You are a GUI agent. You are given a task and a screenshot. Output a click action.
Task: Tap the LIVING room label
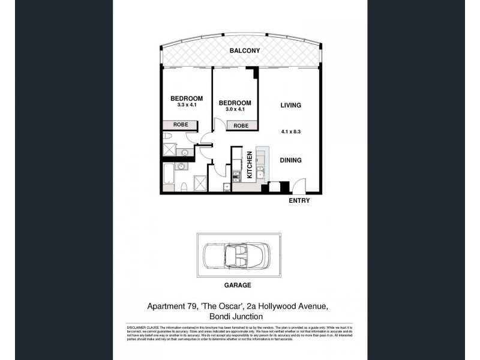point(290,106)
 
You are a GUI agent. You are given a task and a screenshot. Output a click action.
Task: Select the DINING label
point(290,160)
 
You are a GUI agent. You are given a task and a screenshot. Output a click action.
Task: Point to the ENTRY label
point(299,200)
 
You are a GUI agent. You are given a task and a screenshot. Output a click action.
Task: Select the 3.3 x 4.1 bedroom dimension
point(187,105)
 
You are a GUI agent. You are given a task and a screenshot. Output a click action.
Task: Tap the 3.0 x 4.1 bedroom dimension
point(234,109)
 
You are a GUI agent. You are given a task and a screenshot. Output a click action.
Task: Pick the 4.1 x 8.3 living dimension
point(290,131)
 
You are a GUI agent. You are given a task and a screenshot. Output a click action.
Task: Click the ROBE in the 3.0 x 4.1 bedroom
point(241,125)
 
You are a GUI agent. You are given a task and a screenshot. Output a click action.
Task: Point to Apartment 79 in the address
point(173,306)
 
